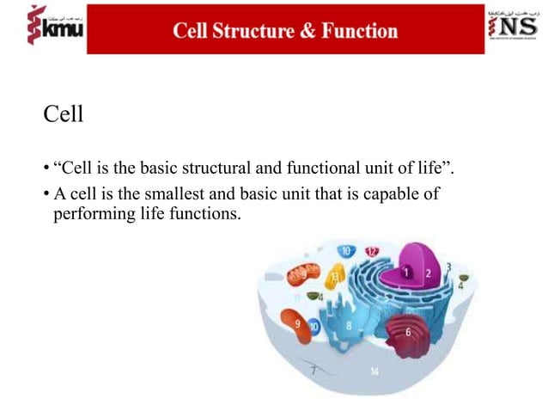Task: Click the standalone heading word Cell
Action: pyautogui.click(x=63, y=113)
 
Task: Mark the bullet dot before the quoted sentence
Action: pyautogui.click(x=46, y=167)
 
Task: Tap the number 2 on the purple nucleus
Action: pyautogui.click(x=428, y=273)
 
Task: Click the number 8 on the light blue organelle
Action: pyautogui.click(x=348, y=326)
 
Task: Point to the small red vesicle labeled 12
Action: pyautogui.click(x=372, y=251)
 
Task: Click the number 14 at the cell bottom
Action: pyautogui.click(x=374, y=371)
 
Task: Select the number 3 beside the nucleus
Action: pyautogui.click(x=448, y=267)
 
